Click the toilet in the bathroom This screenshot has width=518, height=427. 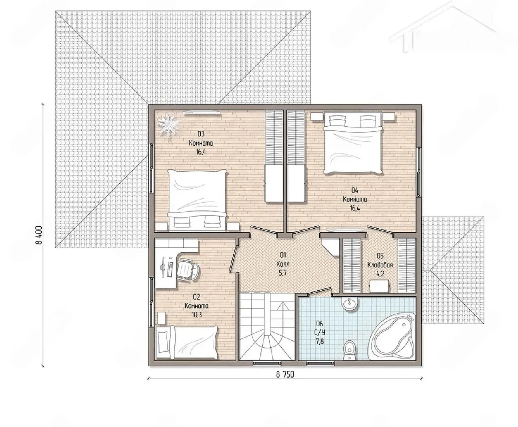(x=349, y=350)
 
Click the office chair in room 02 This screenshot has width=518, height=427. (x=187, y=270)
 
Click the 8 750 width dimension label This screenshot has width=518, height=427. (x=285, y=374)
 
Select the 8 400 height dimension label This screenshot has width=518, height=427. (x=40, y=235)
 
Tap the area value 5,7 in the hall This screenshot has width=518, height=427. (x=283, y=273)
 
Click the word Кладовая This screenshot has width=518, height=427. (x=380, y=265)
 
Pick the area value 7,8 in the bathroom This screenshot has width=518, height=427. (x=320, y=342)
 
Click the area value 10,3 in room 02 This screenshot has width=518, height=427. (x=197, y=315)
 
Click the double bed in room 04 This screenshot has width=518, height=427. (x=352, y=142)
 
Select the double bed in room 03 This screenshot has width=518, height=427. (x=197, y=200)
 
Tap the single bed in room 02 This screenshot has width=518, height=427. (x=187, y=342)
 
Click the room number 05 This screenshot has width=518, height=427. (x=380, y=256)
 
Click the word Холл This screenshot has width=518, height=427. (x=283, y=264)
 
